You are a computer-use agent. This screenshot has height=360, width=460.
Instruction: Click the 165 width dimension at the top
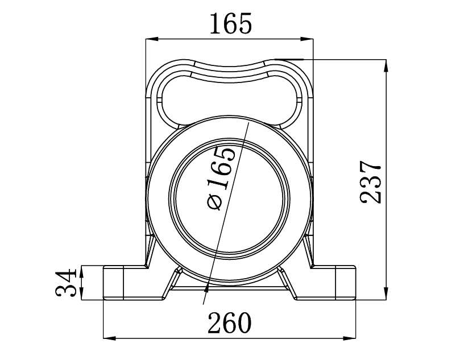click(230, 24)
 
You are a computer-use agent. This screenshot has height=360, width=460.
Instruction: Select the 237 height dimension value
click(371, 182)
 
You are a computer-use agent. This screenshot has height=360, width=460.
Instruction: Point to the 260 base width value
click(229, 324)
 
